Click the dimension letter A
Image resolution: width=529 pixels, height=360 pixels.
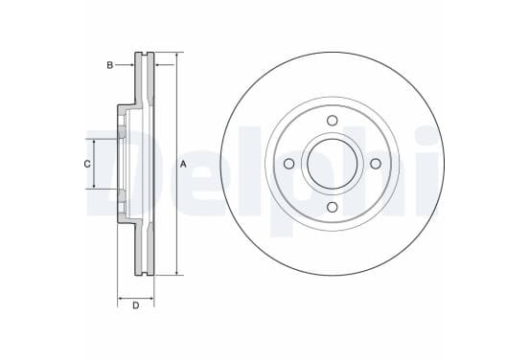point(183,164)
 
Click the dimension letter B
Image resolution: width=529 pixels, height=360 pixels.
point(109,65)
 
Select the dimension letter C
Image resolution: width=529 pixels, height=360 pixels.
point(87,164)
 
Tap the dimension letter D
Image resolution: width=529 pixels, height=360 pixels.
point(136,305)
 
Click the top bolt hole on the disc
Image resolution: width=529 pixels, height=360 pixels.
point(333,121)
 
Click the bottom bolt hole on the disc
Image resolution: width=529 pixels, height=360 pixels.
point(333,207)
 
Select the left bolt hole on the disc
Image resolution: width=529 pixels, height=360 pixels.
point(288,164)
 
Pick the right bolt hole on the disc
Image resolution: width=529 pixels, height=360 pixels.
point(376,164)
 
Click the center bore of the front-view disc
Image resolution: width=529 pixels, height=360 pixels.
point(333,164)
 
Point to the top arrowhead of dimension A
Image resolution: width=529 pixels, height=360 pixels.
point(176,56)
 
